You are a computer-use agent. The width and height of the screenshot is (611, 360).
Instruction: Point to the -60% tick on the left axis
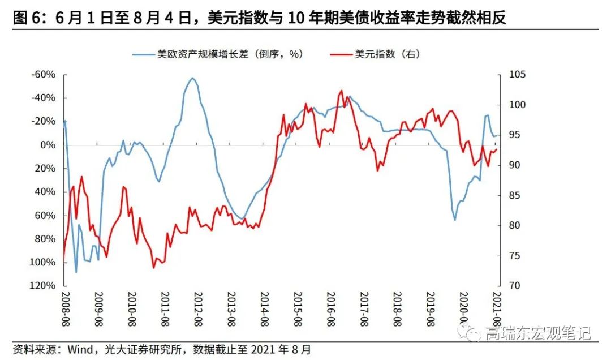[43, 75]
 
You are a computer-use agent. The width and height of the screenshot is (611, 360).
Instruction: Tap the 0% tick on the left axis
[47, 145]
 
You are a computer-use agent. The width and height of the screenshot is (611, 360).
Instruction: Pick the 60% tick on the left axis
[45, 215]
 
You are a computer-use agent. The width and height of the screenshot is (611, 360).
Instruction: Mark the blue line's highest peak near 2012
[192, 78]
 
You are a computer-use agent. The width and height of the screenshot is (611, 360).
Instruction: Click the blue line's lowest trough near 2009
[76, 272]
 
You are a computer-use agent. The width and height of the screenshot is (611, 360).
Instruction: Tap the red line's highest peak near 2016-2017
[341, 91]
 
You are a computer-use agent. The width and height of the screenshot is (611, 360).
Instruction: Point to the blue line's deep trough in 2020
[455, 220]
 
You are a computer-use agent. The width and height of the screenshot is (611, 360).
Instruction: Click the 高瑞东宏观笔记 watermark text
[537, 333]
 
